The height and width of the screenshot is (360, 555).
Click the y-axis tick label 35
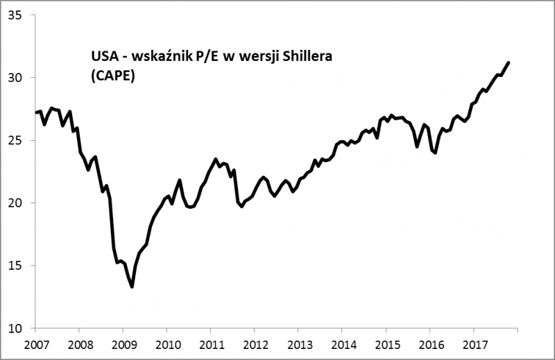point(15,15)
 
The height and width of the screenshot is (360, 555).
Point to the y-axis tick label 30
point(15,77)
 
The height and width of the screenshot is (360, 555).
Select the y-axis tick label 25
point(15,140)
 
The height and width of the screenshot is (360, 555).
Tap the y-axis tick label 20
point(15,203)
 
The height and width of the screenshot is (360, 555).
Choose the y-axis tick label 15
point(15,266)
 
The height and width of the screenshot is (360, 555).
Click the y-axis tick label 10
point(15,329)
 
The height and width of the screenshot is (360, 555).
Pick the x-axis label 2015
point(386,345)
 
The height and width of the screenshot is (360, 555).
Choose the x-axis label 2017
point(473,345)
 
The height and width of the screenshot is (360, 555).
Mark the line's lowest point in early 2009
point(132,287)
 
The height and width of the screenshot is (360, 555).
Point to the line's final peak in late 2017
point(509,62)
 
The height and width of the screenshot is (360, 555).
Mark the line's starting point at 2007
point(35,112)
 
